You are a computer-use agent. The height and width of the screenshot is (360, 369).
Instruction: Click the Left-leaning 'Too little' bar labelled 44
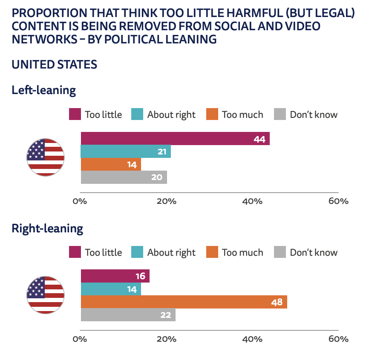pos(175,139)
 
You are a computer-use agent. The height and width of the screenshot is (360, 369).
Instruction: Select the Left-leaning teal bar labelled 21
pos(126,151)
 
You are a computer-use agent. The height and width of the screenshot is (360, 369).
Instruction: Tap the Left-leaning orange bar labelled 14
pos(111,164)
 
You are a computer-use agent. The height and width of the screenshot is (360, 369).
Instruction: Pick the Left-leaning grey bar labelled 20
pos(124,177)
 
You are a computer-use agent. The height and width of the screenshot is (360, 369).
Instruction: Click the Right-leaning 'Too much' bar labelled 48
pos(184,302)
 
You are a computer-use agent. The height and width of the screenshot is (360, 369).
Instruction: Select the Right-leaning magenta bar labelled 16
pos(115,276)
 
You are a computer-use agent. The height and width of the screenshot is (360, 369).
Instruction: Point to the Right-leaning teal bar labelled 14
pos(111,289)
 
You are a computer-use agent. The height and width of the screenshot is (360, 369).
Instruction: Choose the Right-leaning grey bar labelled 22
pos(128,315)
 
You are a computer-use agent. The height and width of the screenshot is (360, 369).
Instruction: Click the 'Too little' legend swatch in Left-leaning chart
pos(75,114)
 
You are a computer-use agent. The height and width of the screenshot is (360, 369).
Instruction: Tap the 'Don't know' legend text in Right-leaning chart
pos(314,252)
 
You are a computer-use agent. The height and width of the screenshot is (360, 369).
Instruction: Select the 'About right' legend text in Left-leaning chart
pos(171,114)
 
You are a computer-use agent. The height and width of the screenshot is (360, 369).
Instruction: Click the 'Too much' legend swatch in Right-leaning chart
pos(212,252)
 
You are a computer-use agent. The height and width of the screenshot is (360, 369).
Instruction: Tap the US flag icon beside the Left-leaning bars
pos(46,157)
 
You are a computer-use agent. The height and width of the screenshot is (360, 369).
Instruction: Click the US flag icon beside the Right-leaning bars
pos(46,295)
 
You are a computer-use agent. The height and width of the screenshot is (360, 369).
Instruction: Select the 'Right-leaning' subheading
pos(47,229)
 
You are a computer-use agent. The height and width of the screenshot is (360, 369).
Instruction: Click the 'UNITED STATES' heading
pos(55,65)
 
